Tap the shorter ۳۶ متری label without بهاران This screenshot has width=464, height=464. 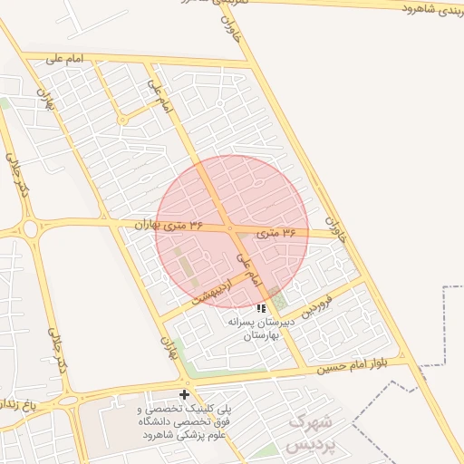[x=276, y=234]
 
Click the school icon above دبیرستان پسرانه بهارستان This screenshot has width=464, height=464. [x=261, y=308]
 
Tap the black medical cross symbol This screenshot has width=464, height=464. [x=185, y=394]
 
